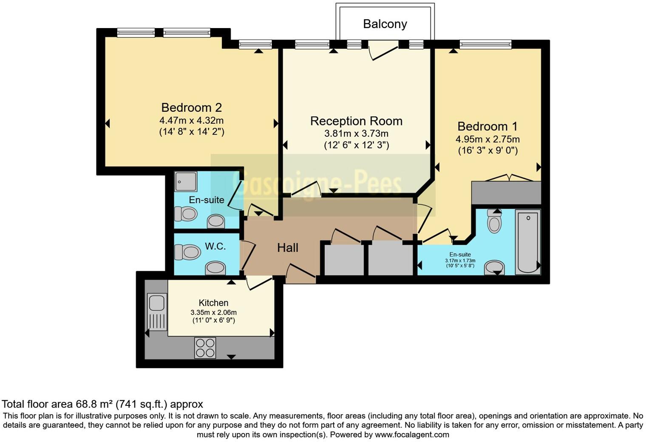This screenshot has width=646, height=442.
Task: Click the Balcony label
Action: pos(385,24)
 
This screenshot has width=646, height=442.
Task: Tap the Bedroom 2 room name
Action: pos(191,108)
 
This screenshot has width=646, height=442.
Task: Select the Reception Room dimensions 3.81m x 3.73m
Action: pos(356,133)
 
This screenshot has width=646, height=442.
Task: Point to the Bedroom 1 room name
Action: pos(487,126)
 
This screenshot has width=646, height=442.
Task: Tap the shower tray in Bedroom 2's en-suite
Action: pos(186,181)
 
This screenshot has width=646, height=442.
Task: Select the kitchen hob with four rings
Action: pos(205,348)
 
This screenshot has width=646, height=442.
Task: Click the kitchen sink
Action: pos(156,303)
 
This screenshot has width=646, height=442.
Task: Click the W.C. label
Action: pos(215,246)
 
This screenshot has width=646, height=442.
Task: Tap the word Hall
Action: pos(288,248)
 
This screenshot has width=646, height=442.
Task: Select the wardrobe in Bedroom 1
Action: pos(506,193)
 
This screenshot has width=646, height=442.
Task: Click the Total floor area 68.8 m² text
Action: pos(102,404)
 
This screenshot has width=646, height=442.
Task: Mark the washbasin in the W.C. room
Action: pos(215,268)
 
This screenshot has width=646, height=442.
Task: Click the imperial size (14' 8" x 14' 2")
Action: pos(191,132)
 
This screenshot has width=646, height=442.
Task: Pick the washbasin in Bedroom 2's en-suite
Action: pos(216,221)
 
